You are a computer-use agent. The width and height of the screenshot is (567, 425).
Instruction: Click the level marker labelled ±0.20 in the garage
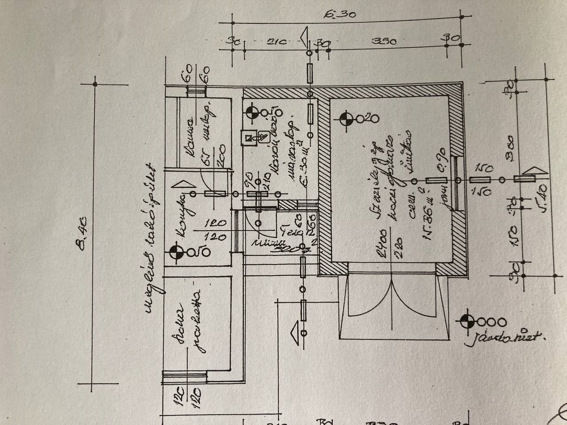pos(346,119)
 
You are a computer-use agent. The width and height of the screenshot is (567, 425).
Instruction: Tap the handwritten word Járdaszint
pos(504,338)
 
